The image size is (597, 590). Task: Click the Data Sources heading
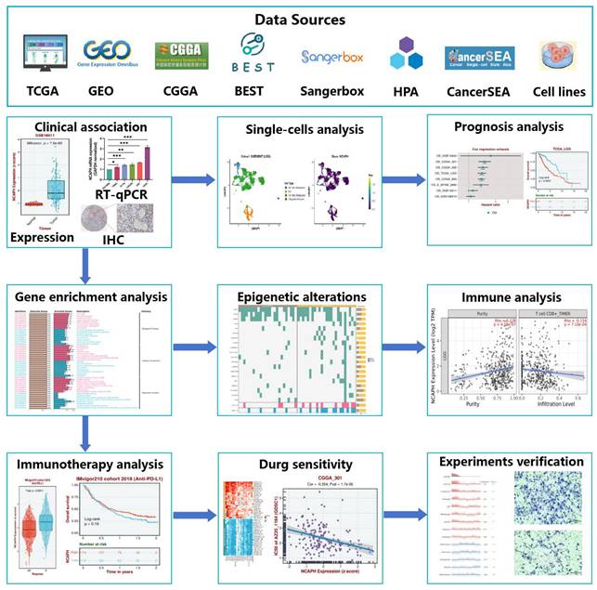298,19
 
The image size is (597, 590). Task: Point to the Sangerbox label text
331,92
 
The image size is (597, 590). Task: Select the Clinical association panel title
78,127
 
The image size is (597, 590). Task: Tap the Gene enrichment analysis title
91,297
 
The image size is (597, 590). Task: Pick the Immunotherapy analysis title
91,464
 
